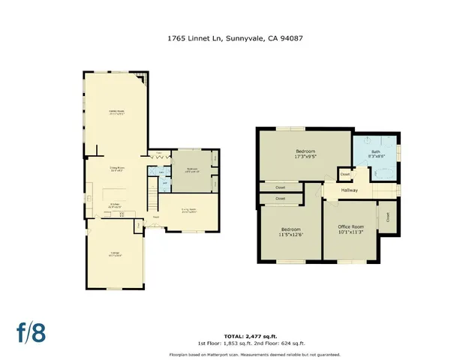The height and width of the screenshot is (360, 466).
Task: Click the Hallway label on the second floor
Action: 350,190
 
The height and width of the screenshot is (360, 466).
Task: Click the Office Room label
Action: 350,229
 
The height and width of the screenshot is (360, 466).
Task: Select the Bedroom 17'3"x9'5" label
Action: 305,154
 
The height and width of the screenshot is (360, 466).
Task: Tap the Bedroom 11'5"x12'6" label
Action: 290,232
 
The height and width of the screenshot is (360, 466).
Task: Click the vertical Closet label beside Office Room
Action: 387,217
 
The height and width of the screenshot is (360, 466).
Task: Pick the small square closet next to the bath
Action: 344,174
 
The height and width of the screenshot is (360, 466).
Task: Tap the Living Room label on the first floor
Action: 189,210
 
